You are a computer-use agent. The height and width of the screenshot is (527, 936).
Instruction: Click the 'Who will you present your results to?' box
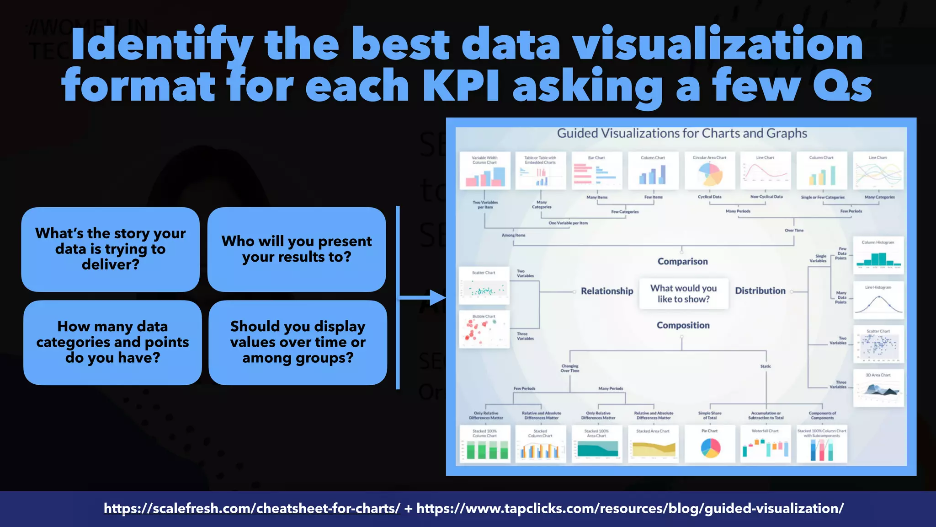coord(297,249)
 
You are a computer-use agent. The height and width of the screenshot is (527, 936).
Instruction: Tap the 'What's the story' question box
coord(111,249)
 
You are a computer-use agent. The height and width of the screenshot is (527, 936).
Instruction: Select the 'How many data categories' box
coord(112,342)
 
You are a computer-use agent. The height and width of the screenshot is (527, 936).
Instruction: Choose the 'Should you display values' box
coord(298,342)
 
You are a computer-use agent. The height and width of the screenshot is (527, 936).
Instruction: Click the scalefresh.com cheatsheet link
coord(252,508)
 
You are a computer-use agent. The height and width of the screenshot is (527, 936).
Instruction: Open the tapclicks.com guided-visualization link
coord(630,508)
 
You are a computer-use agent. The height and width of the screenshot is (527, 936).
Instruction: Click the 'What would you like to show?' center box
coord(683,294)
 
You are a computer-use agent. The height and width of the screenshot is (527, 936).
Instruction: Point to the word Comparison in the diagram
coord(682,261)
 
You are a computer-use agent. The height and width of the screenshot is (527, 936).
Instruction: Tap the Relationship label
coord(607,291)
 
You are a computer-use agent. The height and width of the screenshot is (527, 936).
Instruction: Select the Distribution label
coord(760,290)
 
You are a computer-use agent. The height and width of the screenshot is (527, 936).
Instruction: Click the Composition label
coord(683,325)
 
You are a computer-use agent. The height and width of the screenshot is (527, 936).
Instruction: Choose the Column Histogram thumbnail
coord(878,255)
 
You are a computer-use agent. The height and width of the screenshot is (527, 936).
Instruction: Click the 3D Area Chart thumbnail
coord(878,388)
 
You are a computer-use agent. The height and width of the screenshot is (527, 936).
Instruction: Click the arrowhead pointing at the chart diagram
coord(437,298)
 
